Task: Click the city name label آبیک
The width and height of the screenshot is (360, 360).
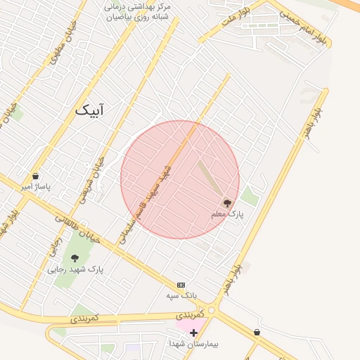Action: pos(92,110)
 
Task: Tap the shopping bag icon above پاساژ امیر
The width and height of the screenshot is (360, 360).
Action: pos(35,176)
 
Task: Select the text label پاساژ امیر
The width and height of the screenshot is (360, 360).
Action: pos(36,187)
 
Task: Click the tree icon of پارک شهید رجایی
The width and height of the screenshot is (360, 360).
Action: pos(75,258)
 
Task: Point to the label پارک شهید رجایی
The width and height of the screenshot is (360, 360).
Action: pos(75,269)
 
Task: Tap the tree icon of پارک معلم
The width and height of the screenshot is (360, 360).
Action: pos(227,202)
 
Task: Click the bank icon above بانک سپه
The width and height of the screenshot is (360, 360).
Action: pos(181,285)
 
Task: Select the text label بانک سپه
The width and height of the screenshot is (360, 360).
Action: pos(180,295)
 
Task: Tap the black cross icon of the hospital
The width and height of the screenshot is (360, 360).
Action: pos(193,332)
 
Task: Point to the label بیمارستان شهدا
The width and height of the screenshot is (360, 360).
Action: pos(193,343)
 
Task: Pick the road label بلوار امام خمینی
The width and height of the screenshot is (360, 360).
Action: pos(303,24)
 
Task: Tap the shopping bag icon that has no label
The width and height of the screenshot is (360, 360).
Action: pos(257,332)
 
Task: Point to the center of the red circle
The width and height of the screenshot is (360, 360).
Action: pos(180,179)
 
